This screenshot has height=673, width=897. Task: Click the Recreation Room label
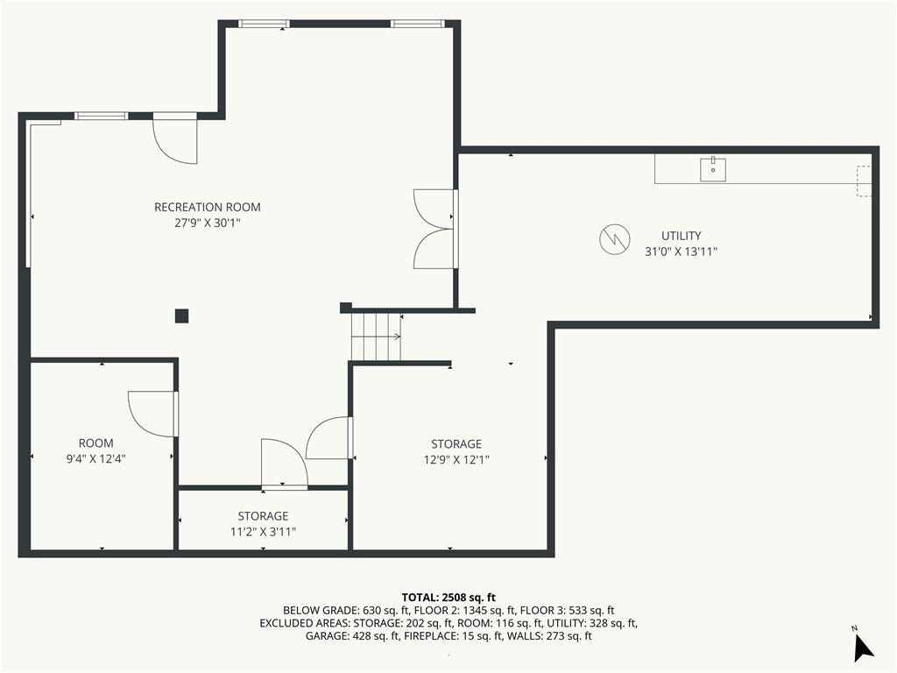[207, 207]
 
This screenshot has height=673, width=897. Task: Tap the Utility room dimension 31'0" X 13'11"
[681, 251]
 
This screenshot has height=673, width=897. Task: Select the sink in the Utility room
[713, 169]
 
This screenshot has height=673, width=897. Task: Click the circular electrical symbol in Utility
[614, 238]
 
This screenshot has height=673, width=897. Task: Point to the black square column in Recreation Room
[181, 315]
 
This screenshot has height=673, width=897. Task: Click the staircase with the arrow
[376, 336]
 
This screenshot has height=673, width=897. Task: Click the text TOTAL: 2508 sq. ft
[448, 598]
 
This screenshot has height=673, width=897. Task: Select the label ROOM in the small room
[95, 443]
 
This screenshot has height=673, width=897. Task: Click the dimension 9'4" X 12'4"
[95, 458]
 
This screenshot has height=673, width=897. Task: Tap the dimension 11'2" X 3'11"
[263, 532]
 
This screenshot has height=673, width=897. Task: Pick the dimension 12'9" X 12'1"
[456, 459]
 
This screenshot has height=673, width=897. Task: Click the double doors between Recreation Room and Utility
[434, 229]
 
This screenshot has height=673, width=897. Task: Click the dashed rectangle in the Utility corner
[864, 181]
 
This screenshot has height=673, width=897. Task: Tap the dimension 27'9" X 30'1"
[207, 223]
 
